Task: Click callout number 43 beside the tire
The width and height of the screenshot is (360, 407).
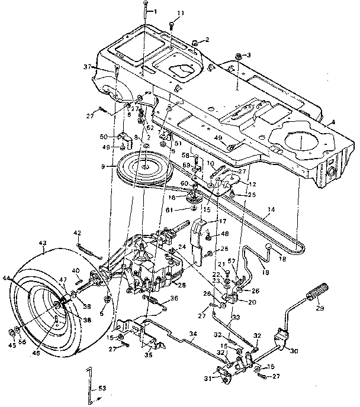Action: [x=41, y=243]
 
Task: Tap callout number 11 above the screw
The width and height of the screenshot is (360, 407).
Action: [x=181, y=12]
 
